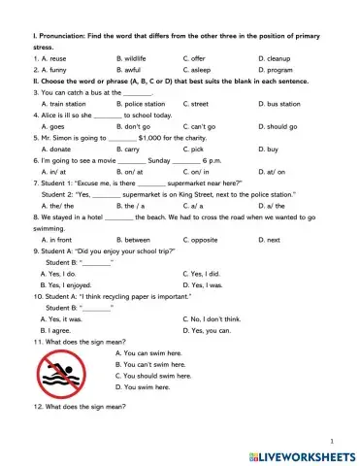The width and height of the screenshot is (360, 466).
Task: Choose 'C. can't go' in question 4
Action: (203, 126)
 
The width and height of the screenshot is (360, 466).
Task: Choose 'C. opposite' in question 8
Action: (203, 239)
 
